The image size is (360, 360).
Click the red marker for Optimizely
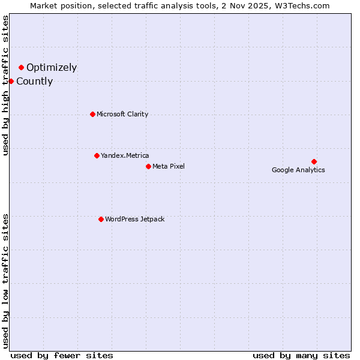(21, 67)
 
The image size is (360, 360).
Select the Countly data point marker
(11, 81)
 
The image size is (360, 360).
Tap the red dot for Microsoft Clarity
(92, 114)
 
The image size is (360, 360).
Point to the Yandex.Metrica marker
(97, 155)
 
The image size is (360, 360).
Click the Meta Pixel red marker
(148, 166)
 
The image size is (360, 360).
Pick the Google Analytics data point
(314, 161)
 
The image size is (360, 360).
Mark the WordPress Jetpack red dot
(101, 219)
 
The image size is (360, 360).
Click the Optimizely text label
(52, 68)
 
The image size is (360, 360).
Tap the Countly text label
(34, 82)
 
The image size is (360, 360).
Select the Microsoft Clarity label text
(122, 114)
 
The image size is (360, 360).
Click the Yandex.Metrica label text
(125, 155)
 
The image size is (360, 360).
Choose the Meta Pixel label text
(169, 166)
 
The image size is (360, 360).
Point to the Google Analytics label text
(298, 170)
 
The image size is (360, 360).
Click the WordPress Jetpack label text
(134, 219)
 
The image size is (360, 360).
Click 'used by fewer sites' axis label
(62, 355)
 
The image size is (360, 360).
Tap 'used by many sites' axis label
(301, 355)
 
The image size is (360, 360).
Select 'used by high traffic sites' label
(6, 85)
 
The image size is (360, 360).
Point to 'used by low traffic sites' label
(6, 280)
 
